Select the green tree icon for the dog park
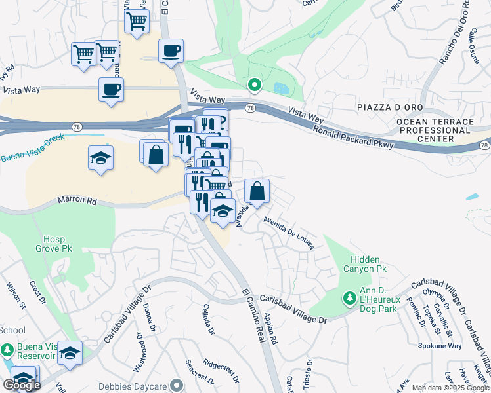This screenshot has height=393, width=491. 349,298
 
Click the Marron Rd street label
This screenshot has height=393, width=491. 77,201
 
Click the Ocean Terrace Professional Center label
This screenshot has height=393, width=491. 435,130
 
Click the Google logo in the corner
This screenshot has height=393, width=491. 22,385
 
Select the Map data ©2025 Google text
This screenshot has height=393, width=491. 450,388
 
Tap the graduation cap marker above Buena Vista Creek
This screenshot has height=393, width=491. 100,158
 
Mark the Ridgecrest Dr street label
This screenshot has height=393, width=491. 221,368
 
